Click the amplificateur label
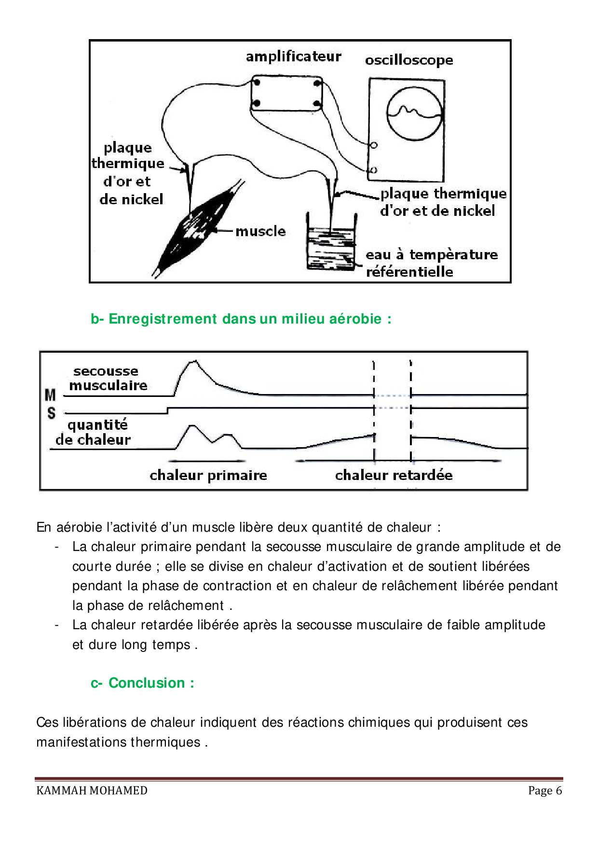[293, 56]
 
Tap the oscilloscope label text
[409, 60]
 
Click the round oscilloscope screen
[414, 114]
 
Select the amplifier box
[286, 93]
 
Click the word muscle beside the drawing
[260, 231]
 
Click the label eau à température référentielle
[431, 263]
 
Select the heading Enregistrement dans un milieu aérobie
[241, 319]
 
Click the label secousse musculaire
[107, 378]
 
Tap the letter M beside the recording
[50, 395]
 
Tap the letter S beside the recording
[51, 413]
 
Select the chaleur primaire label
[208, 475]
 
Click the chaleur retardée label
[394, 475]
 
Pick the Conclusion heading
[143, 683]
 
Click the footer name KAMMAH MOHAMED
[92, 791]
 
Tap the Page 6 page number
[545, 791]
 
